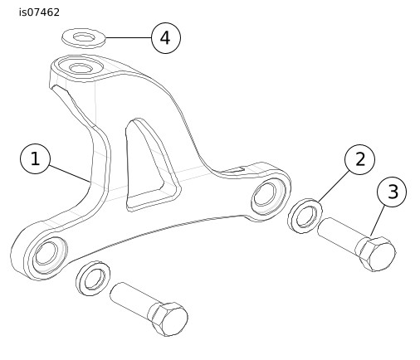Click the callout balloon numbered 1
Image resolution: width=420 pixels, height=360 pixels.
[35, 158]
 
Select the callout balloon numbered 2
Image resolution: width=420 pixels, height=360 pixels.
[359, 159]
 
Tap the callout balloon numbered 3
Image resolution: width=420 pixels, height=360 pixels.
[392, 192]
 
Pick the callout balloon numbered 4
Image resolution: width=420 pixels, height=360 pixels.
[166, 38]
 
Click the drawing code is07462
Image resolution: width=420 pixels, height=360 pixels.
[39, 12]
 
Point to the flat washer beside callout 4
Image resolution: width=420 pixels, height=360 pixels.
[84, 38]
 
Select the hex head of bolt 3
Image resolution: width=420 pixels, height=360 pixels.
[377, 254]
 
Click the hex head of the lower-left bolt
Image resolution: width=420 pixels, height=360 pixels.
[168, 319]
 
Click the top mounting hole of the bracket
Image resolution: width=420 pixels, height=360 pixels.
[80, 68]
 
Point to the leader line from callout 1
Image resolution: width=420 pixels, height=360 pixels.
[70, 173]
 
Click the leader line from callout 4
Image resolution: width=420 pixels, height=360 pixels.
[129, 37]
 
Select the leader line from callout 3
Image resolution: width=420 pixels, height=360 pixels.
[378, 221]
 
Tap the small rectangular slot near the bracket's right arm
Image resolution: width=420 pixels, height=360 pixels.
[232, 170]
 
